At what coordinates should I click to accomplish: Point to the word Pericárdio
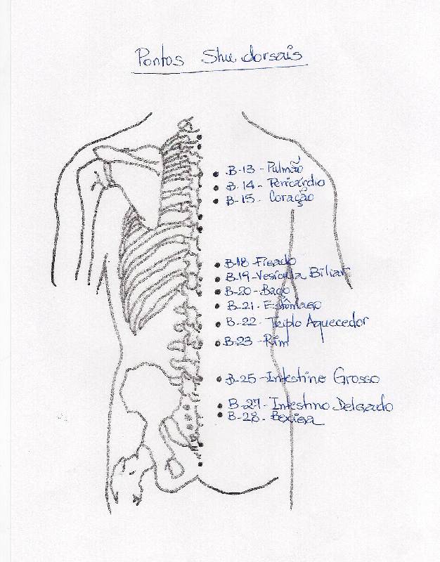point(297,183)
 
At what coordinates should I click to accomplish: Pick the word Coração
point(291,198)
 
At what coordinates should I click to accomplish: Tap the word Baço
point(274,290)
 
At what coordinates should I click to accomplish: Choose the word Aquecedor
point(334,323)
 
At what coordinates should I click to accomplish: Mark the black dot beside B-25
point(219,379)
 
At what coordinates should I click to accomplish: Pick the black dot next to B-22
point(219,325)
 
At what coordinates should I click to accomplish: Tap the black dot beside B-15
point(216,201)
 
